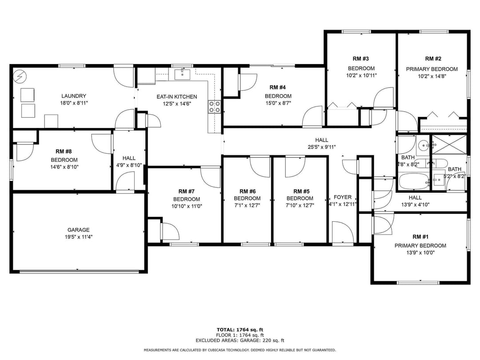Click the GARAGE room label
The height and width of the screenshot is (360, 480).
click(x=78, y=230)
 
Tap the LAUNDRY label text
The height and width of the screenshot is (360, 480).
click(x=74, y=96)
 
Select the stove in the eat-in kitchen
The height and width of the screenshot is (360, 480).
click(x=214, y=106)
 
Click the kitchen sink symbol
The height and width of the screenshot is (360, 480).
click(x=182, y=74)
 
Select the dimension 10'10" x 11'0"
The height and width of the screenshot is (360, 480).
click(x=187, y=206)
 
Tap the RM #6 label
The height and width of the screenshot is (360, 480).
click(x=247, y=191)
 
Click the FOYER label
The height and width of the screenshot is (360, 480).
click(x=342, y=197)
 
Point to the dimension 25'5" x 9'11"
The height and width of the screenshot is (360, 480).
click(x=322, y=147)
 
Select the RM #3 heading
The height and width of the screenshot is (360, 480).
click(x=361, y=59)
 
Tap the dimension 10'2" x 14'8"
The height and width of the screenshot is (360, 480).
click(x=432, y=76)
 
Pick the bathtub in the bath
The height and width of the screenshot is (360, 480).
click(x=413, y=181)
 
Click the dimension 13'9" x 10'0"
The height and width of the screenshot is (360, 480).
click(x=420, y=252)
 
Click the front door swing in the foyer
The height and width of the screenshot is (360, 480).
click(x=343, y=232)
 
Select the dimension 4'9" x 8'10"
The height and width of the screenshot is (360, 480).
click(x=129, y=165)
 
